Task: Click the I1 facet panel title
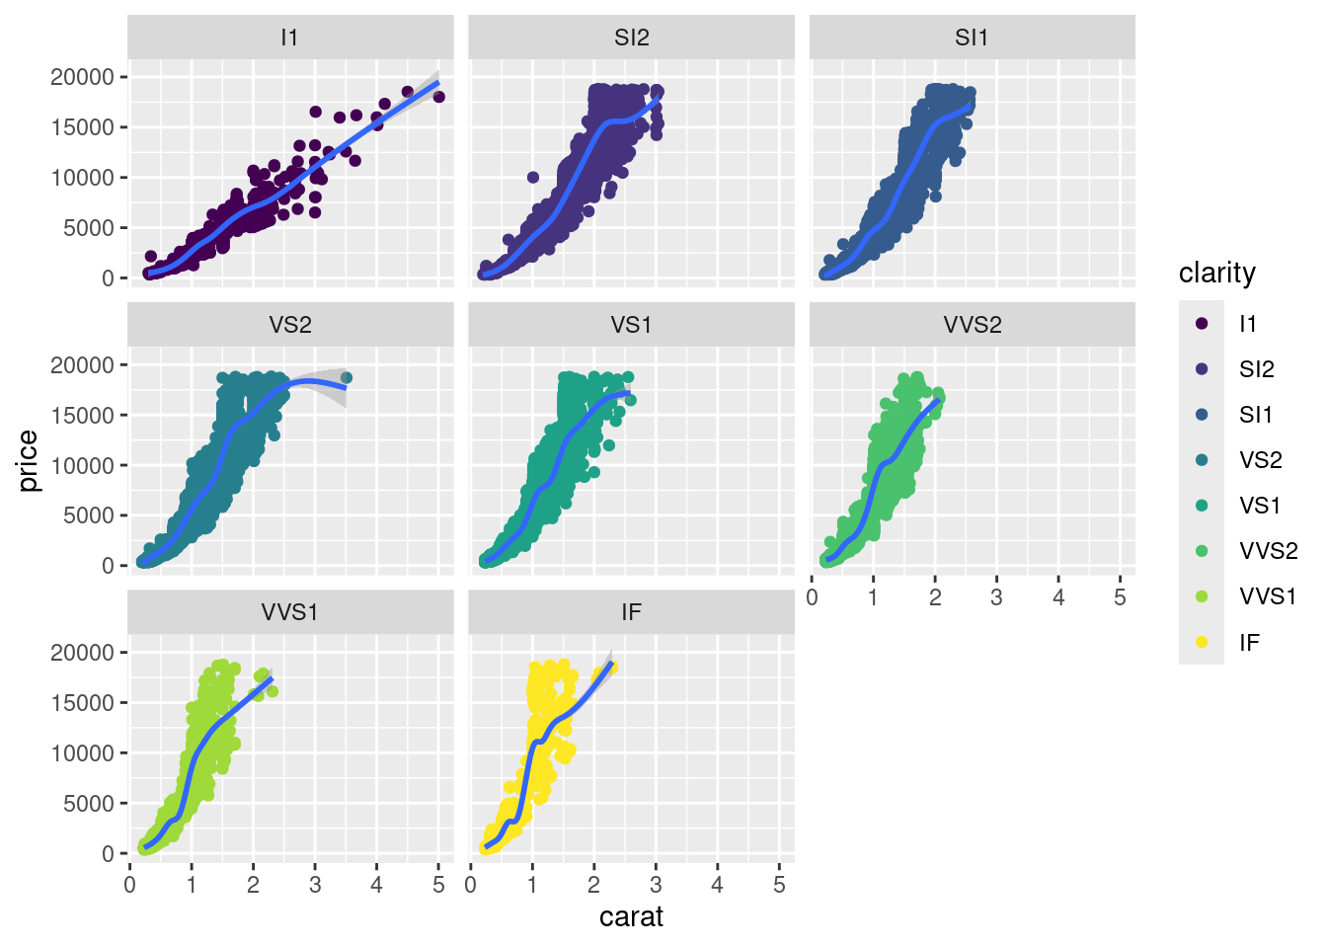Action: click(289, 38)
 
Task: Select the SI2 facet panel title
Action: click(631, 38)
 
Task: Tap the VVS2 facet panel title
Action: click(973, 325)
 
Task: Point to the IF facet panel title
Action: click(631, 612)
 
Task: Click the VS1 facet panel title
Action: click(631, 325)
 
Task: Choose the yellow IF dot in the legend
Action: click(1202, 642)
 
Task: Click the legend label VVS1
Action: click(1268, 596)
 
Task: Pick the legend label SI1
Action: click(1257, 415)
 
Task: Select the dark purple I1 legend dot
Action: click(1202, 323)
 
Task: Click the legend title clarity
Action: click(1217, 274)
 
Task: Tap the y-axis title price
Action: click(29, 461)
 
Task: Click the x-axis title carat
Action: click(631, 917)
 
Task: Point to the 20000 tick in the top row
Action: click(82, 77)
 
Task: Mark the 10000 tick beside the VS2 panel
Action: click(82, 465)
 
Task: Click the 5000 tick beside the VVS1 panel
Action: click(88, 804)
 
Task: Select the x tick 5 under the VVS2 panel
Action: click(1120, 597)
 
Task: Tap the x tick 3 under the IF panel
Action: click(656, 885)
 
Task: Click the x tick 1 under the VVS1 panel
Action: click(192, 885)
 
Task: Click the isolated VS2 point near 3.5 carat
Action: click(346, 377)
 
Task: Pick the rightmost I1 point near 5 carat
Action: click(438, 96)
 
